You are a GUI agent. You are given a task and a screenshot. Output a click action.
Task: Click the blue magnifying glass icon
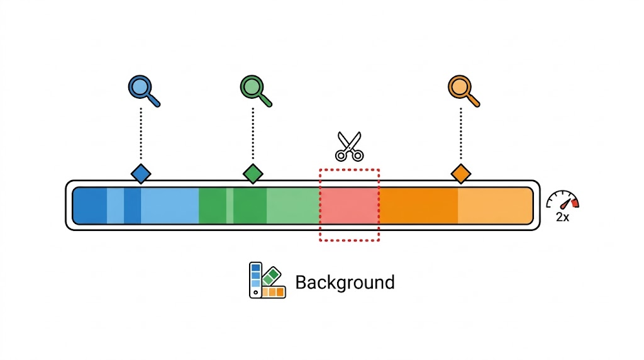pos(142,89)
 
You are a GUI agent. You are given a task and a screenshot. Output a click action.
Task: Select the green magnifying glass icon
pos(253,89)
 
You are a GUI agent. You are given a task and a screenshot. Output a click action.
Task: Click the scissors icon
pos(349,146)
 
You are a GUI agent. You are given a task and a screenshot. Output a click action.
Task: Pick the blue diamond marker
pos(141,173)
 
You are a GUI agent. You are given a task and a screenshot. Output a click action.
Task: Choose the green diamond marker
pos(253,173)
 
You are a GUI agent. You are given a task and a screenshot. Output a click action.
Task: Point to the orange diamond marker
pos(461,173)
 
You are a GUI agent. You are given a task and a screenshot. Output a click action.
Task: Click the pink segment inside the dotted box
pos(349,205)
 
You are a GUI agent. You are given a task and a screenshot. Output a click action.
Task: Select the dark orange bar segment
pos(418,205)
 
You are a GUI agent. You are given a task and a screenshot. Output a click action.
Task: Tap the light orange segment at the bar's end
pos(495,205)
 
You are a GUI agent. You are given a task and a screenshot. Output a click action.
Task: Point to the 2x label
pos(563,217)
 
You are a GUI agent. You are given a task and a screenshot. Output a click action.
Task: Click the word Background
pos(345,282)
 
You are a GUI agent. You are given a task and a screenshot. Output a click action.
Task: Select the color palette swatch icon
pos(267,280)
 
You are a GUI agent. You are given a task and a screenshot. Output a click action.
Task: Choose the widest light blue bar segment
pos(169,205)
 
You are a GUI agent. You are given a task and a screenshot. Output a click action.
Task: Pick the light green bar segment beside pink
pos(293,205)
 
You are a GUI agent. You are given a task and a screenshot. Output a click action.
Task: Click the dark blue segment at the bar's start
pos(90,205)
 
